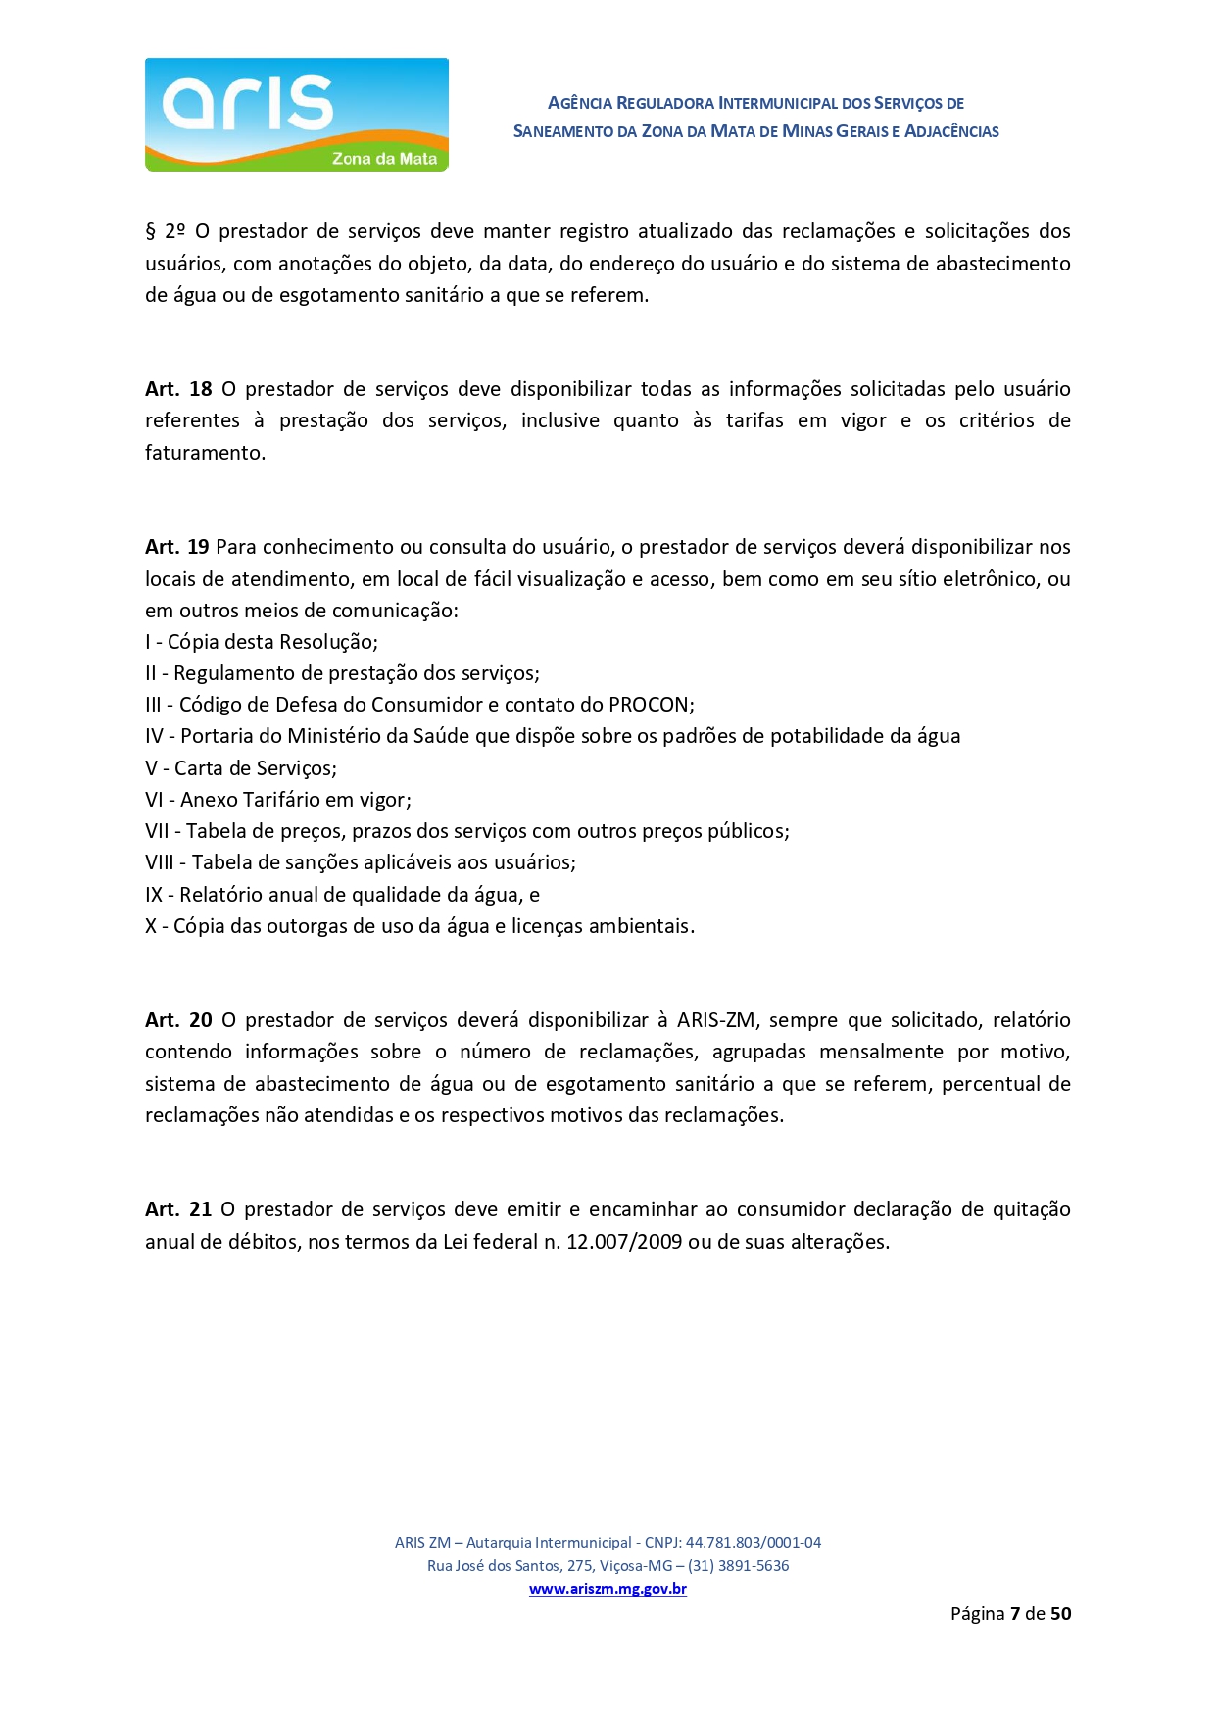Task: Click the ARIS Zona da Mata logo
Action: coord(296,115)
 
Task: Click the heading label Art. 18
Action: coord(178,389)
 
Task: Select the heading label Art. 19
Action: coord(177,547)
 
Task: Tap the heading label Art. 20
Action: coord(178,1020)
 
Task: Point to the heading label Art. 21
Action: coord(178,1209)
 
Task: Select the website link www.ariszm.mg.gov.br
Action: coord(608,1589)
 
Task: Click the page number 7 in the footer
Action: coord(1015,1613)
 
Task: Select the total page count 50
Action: coord(1060,1613)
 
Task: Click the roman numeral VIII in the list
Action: coord(159,862)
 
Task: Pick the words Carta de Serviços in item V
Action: coord(255,768)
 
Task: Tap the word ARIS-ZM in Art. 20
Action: coord(715,1020)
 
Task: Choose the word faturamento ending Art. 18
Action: coord(204,453)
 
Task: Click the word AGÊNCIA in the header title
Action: coord(579,103)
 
